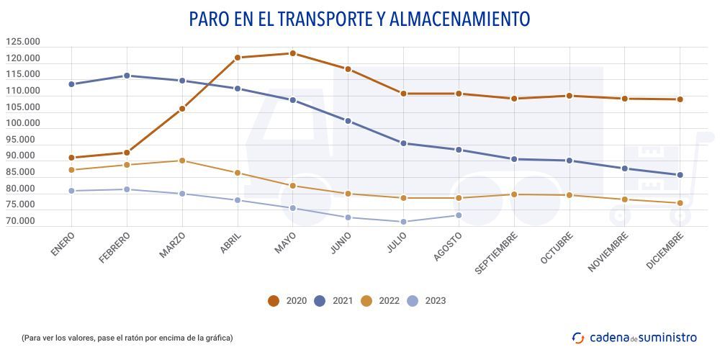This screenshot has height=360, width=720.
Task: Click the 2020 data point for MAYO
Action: pyautogui.click(x=292, y=53)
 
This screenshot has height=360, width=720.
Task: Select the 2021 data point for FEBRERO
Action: pyautogui.click(x=127, y=76)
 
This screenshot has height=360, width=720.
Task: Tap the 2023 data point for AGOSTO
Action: pyautogui.click(x=458, y=215)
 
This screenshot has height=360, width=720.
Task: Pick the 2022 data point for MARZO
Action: pyautogui.click(x=182, y=161)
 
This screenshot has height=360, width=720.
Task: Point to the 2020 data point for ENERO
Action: pyautogui.click(x=71, y=158)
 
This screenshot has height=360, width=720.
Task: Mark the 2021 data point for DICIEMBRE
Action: pyautogui.click(x=679, y=175)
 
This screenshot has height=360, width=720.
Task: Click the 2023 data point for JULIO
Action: pyautogui.click(x=403, y=222)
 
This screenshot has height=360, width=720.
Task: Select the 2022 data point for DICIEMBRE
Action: pyautogui.click(x=679, y=203)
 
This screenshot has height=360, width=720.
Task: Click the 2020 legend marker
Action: pyautogui.click(x=274, y=301)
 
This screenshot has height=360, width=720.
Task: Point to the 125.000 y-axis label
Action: pyautogui.click(x=22, y=42)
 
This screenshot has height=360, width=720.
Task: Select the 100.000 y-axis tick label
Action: pyautogui.click(x=22, y=124)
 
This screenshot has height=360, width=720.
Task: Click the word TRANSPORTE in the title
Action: pyautogui.click(x=320, y=19)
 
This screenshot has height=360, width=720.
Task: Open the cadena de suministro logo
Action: pyautogui.click(x=634, y=337)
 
